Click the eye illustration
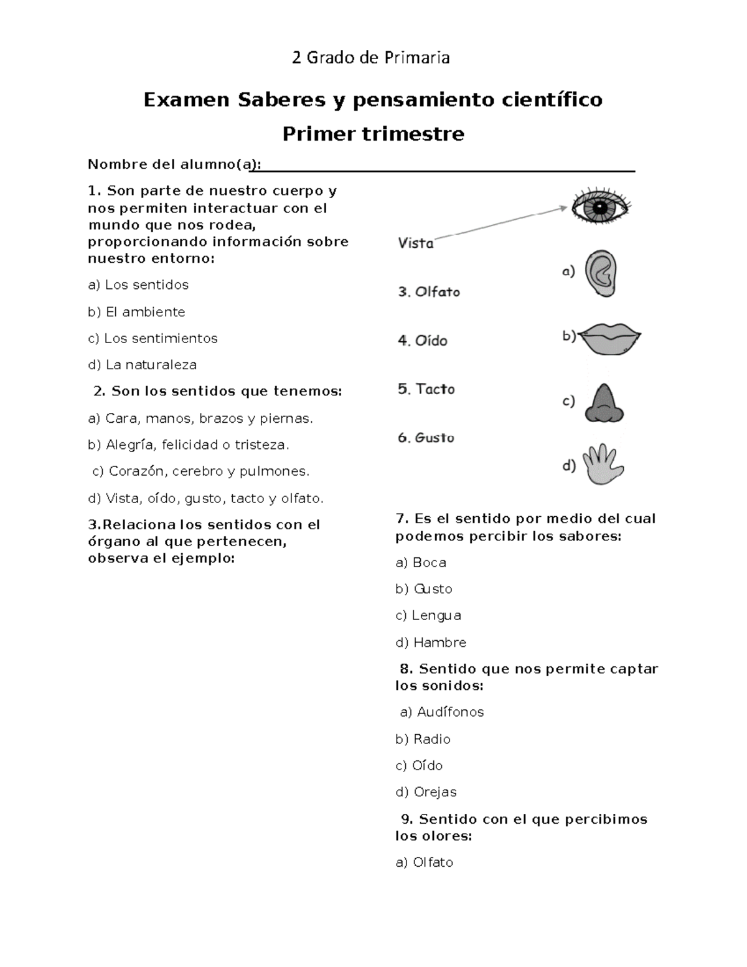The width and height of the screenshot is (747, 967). (x=601, y=208)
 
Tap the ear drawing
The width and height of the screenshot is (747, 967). (x=601, y=273)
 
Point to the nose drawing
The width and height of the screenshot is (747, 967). (x=603, y=404)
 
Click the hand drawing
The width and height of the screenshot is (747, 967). (x=603, y=465)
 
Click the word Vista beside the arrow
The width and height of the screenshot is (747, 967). (x=416, y=243)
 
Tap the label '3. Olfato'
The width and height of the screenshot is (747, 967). (x=429, y=291)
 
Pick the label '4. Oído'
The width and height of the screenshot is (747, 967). (x=423, y=341)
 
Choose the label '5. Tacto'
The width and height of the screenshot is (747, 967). (x=426, y=389)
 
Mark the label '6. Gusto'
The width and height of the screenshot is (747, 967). (x=426, y=438)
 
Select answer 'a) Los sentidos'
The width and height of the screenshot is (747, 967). (x=138, y=285)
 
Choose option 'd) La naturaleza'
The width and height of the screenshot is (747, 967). (x=143, y=365)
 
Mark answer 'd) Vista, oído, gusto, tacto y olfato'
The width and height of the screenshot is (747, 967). (x=206, y=498)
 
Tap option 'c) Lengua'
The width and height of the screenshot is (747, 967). (x=428, y=615)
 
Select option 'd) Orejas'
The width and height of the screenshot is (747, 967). (x=426, y=792)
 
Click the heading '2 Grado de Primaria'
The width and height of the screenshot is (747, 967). (x=371, y=58)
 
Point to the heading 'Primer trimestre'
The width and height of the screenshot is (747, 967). (x=373, y=134)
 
